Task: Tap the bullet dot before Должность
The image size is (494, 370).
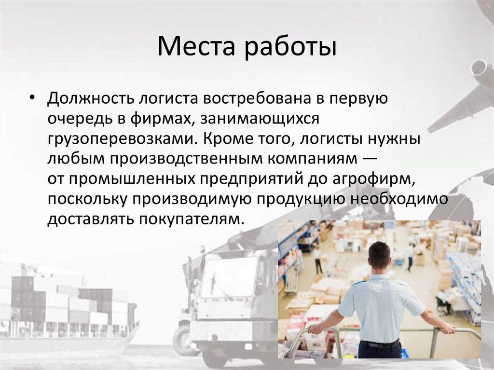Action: point(31,97)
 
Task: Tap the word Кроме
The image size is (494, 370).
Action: point(225,138)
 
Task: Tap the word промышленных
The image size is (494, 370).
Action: point(131,179)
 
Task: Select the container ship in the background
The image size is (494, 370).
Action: point(68,309)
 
